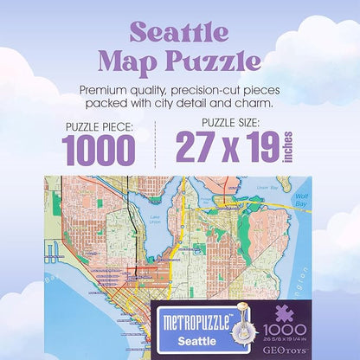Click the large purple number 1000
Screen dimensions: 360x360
pyautogui.click(x=98, y=149)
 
